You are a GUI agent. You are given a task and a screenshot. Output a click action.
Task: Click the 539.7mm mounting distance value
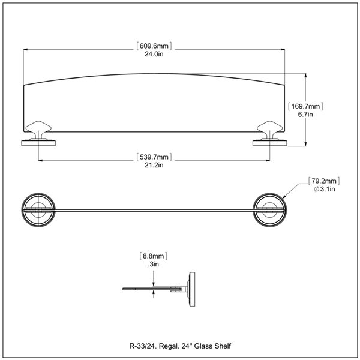[155, 157]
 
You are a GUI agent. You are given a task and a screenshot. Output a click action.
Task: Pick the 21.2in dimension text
[155, 166]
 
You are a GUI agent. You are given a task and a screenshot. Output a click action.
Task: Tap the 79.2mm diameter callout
[325, 180]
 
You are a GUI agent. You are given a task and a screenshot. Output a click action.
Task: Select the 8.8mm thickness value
[154, 256]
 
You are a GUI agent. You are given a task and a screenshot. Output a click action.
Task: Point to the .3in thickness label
[154, 264]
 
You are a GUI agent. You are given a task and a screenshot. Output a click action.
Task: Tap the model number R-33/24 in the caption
[142, 346]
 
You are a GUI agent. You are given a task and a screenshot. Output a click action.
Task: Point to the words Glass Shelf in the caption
[212, 346]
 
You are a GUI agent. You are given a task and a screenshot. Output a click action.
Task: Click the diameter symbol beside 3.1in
[316, 189]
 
